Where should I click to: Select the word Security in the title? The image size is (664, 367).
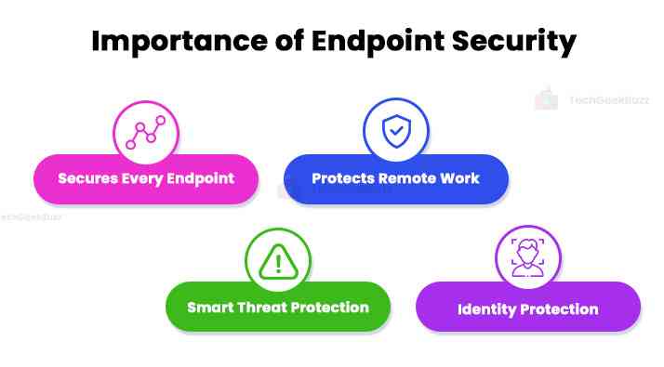[x=511, y=43]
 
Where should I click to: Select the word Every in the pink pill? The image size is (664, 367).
[x=144, y=178]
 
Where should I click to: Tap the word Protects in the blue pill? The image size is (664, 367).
[x=342, y=178]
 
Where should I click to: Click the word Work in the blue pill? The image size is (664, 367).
[x=461, y=178]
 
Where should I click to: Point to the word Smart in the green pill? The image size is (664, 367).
[x=209, y=307]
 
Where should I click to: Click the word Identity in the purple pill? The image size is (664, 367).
[x=488, y=308]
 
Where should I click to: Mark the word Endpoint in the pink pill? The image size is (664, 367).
[x=201, y=178]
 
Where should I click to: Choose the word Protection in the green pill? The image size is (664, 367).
[x=333, y=307]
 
